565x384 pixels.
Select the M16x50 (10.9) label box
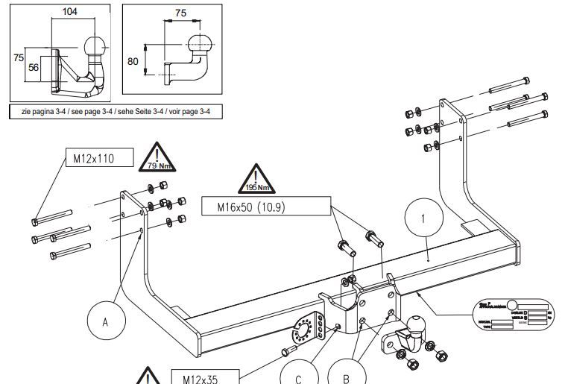coord(265,207)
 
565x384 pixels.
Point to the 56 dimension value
coord(33,67)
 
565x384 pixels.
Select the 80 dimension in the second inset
coord(133,61)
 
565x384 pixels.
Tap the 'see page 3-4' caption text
coord(116,111)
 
